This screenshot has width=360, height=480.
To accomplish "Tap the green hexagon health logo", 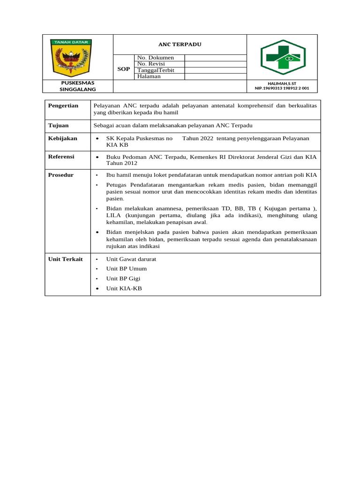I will [x=283, y=57].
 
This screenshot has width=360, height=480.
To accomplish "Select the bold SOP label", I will [x=124, y=69].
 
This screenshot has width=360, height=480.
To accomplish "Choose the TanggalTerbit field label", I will [x=156, y=70].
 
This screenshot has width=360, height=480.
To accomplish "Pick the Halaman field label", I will [x=149, y=76].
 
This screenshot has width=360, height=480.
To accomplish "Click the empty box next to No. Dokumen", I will [x=215, y=58].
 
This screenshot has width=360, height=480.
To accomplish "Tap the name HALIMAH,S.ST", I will [x=282, y=83].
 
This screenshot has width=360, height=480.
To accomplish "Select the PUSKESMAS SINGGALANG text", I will [x=78, y=86].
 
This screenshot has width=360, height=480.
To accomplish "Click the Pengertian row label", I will [x=63, y=106].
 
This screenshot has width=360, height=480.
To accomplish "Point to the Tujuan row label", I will [x=59, y=126].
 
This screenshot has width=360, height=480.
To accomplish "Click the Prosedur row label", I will [x=61, y=175].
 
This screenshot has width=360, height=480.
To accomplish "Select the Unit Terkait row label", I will [x=66, y=259].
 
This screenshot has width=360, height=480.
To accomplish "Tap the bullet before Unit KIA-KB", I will [x=97, y=289].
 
